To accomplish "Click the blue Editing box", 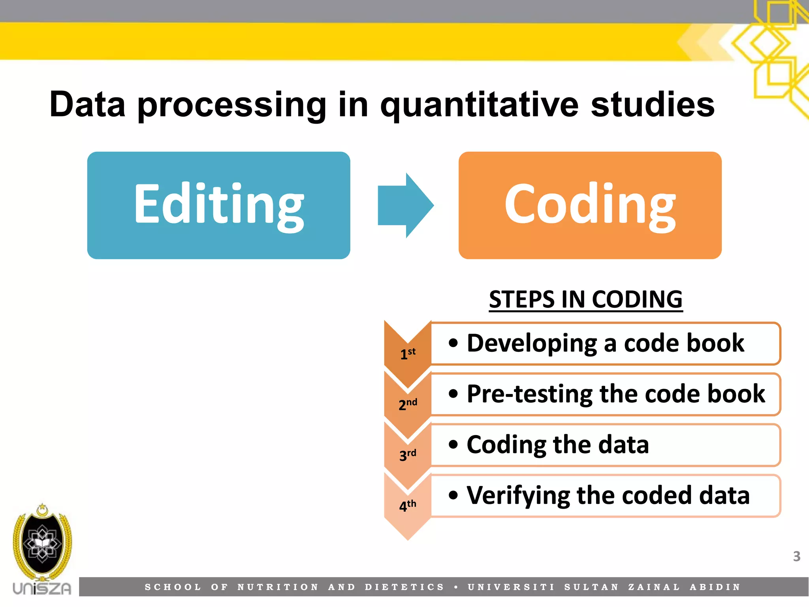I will tap(218, 205).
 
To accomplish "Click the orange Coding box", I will tap(590, 205).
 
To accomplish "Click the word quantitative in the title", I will tap(479, 105).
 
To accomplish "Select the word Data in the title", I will tap(87, 105).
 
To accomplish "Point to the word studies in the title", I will tap(652, 105).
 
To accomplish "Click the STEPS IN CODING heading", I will tap(585, 299).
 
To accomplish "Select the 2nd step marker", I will tap(407, 404).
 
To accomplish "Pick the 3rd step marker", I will tap(407, 455).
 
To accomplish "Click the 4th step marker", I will tap(407, 505).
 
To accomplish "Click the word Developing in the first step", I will tap(531, 343).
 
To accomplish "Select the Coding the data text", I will tap(557, 445).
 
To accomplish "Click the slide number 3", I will tap(796, 556).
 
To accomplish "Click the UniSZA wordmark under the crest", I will tap(42, 588).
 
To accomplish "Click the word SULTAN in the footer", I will tap(591, 587).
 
